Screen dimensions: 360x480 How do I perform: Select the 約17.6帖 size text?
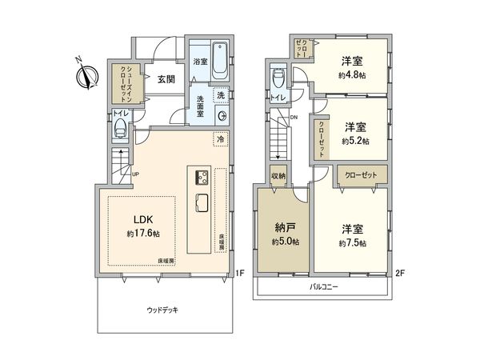pos(143,234)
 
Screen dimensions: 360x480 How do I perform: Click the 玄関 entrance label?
pos(166,79)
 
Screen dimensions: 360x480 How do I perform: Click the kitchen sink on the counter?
pos(200,202)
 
